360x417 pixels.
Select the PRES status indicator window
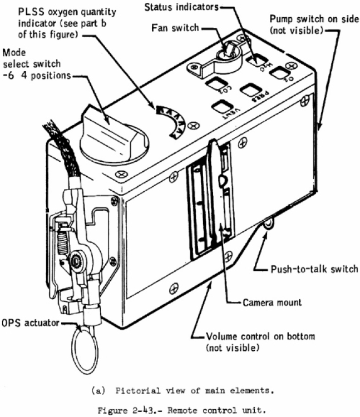pyautogui.click(x=251, y=91)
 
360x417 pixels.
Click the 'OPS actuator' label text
pyautogui.click(x=31, y=322)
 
